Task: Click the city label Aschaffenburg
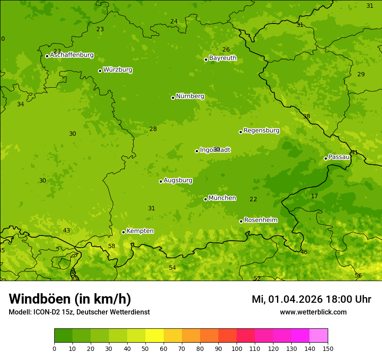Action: (x=72, y=55)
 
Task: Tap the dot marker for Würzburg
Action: (x=100, y=71)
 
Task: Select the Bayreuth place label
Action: (x=223, y=58)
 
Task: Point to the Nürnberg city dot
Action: (x=173, y=98)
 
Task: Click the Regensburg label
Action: (x=261, y=131)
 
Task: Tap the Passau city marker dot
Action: (x=326, y=158)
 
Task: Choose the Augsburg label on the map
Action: (x=178, y=180)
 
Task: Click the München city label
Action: (x=222, y=198)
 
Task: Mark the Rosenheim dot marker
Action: (x=241, y=221)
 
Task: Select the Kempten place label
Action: (x=140, y=231)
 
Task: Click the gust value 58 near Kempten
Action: (x=112, y=246)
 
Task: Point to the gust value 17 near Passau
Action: (x=314, y=196)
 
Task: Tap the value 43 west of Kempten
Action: (x=66, y=231)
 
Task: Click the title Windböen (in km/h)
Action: (x=69, y=299)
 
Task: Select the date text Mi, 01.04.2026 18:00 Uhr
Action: (x=311, y=299)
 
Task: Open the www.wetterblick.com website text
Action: (x=313, y=312)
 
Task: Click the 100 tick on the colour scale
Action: (x=237, y=348)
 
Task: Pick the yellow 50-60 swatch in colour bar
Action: (x=155, y=336)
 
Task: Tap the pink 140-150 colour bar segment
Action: (x=319, y=336)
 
